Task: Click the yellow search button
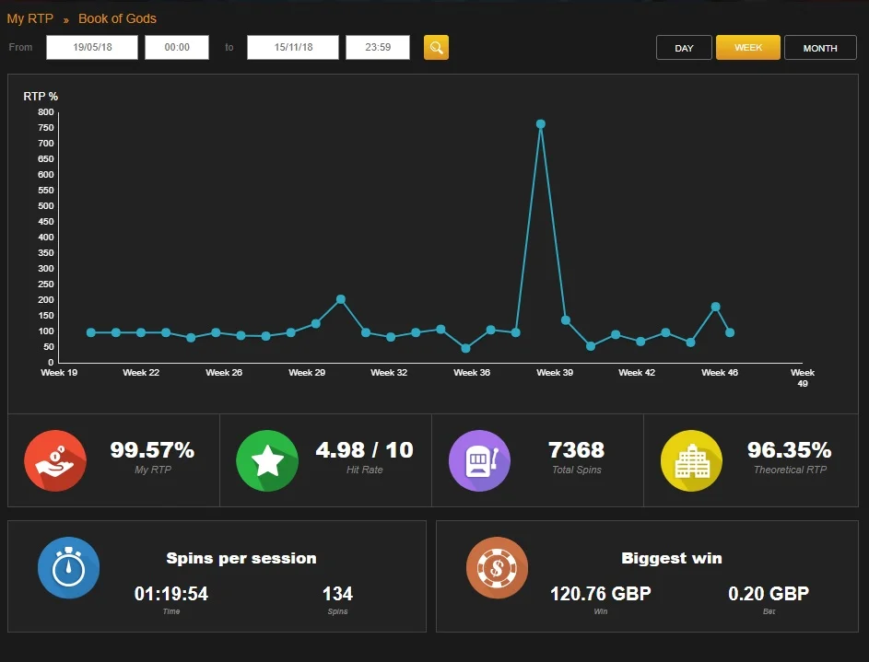tap(436, 48)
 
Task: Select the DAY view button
tap(684, 48)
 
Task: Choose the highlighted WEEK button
tap(748, 48)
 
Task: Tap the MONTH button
tap(820, 48)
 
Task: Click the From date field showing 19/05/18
tap(92, 47)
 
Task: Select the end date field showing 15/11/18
tap(293, 47)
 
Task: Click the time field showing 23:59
tap(378, 47)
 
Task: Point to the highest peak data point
tap(541, 124)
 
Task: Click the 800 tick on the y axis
tap(45, 111)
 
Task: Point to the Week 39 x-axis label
tap(555, 373)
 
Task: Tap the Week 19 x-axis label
tap(59, 373)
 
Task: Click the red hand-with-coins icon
tap(55, 460)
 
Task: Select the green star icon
tap(267, 460)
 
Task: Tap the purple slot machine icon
tap(479, 460)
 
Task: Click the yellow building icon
tap(692, 460)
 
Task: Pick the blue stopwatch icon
tap(69, 568)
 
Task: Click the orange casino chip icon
tap(497, 568)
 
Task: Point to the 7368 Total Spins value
tap(576, 450)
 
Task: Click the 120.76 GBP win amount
tap(600, 594)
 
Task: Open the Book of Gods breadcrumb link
tap(117, 18)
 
